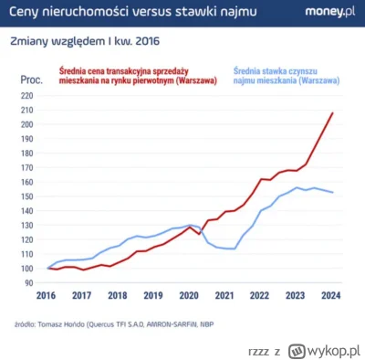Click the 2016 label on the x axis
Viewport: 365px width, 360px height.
pos(47,296)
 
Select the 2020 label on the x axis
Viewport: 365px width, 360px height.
pos(189,296)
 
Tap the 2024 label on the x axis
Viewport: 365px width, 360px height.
pos(331,296)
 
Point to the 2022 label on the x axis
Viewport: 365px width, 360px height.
pos(260,296)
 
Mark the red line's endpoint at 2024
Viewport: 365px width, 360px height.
pos(332,113)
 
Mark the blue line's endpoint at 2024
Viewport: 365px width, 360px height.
pos(332,193)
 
